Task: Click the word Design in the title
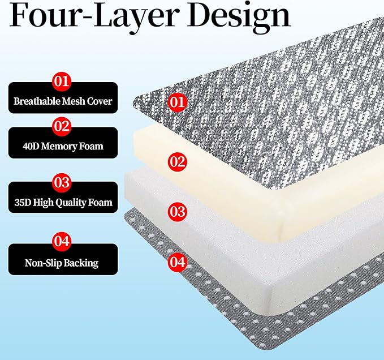coord(238,17)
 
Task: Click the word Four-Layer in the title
coord(93,15)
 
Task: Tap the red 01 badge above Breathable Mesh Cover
coord(62,82)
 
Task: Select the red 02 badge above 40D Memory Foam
coord(62,126)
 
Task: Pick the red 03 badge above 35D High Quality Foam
coord(62,183)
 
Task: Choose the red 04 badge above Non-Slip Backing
coord(62,241)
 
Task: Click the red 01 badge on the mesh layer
coord(177,102)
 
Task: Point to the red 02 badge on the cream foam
coord(177,162)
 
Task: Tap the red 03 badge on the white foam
coord(177,212)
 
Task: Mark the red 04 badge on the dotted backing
coord(177,262)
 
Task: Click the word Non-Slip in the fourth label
coord(40,263)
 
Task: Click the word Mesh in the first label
coord(73,101)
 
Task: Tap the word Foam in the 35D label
coord(100,203)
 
